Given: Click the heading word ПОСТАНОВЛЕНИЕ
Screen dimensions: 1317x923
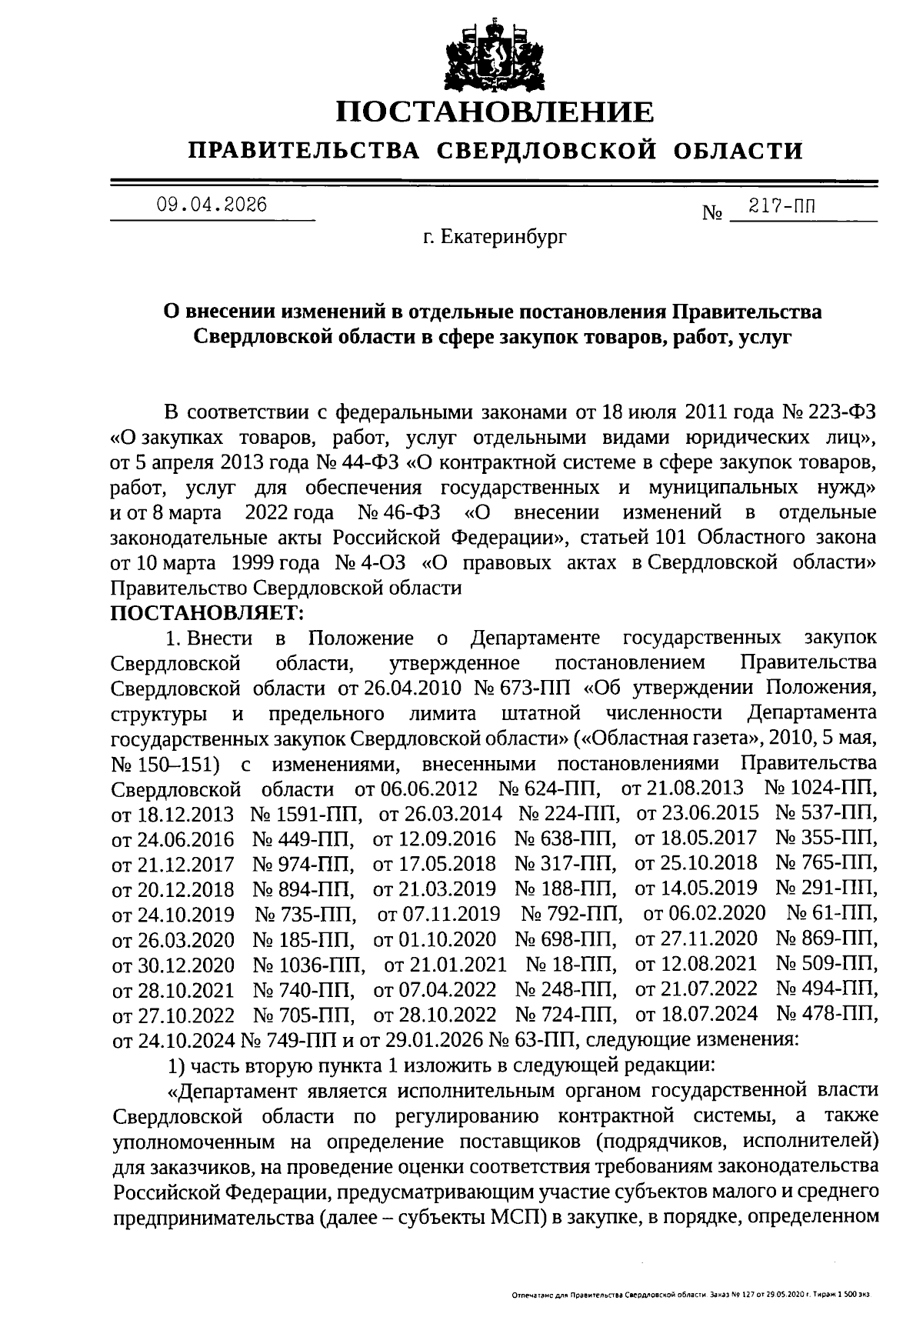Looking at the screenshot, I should click(x=496, y=112).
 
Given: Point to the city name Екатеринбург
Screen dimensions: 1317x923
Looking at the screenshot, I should click(x=504, y=238).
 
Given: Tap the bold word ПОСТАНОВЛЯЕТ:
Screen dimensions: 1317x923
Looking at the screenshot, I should click(x=208, y=612).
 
